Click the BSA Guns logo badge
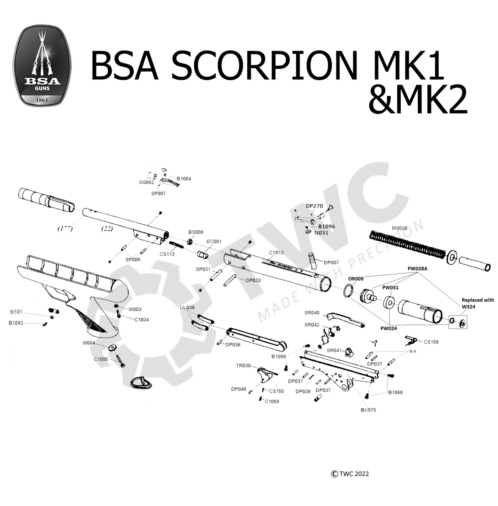pos(42,66)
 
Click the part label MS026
pos(399,228)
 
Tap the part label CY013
pos(276,253)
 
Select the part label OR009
pos(356,279)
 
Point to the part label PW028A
pos(417,268)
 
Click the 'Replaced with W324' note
pos(477,303)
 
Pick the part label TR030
pos(243,366)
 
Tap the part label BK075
pos(368,410)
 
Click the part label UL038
pos(187,308)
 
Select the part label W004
pos(89,343)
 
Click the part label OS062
pos(146,182)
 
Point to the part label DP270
pos(314,206)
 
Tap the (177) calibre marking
pos(65,228)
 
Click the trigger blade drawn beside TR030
pos(265,374)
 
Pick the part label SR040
pos(312,313)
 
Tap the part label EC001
pos(214,242)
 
